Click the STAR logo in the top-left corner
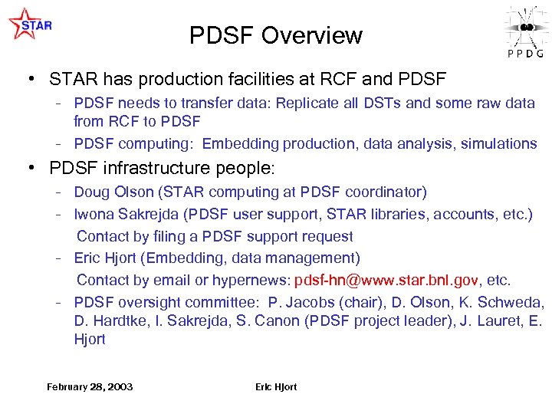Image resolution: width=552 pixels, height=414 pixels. (x=30, y=24)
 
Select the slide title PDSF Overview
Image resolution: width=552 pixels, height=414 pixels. (x=275, y=35)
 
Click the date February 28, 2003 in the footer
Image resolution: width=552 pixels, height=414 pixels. (x=90, y=386)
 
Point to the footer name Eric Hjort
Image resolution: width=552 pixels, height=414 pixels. (x=276, y=386)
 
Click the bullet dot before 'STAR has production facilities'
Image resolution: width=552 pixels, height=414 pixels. (x=30, y=79)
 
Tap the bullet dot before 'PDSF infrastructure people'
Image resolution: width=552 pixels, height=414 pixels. (x=30, y=167)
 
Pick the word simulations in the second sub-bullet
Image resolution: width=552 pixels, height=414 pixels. (x=499, y=143)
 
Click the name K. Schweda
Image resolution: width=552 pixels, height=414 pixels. (x=507, y=302)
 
